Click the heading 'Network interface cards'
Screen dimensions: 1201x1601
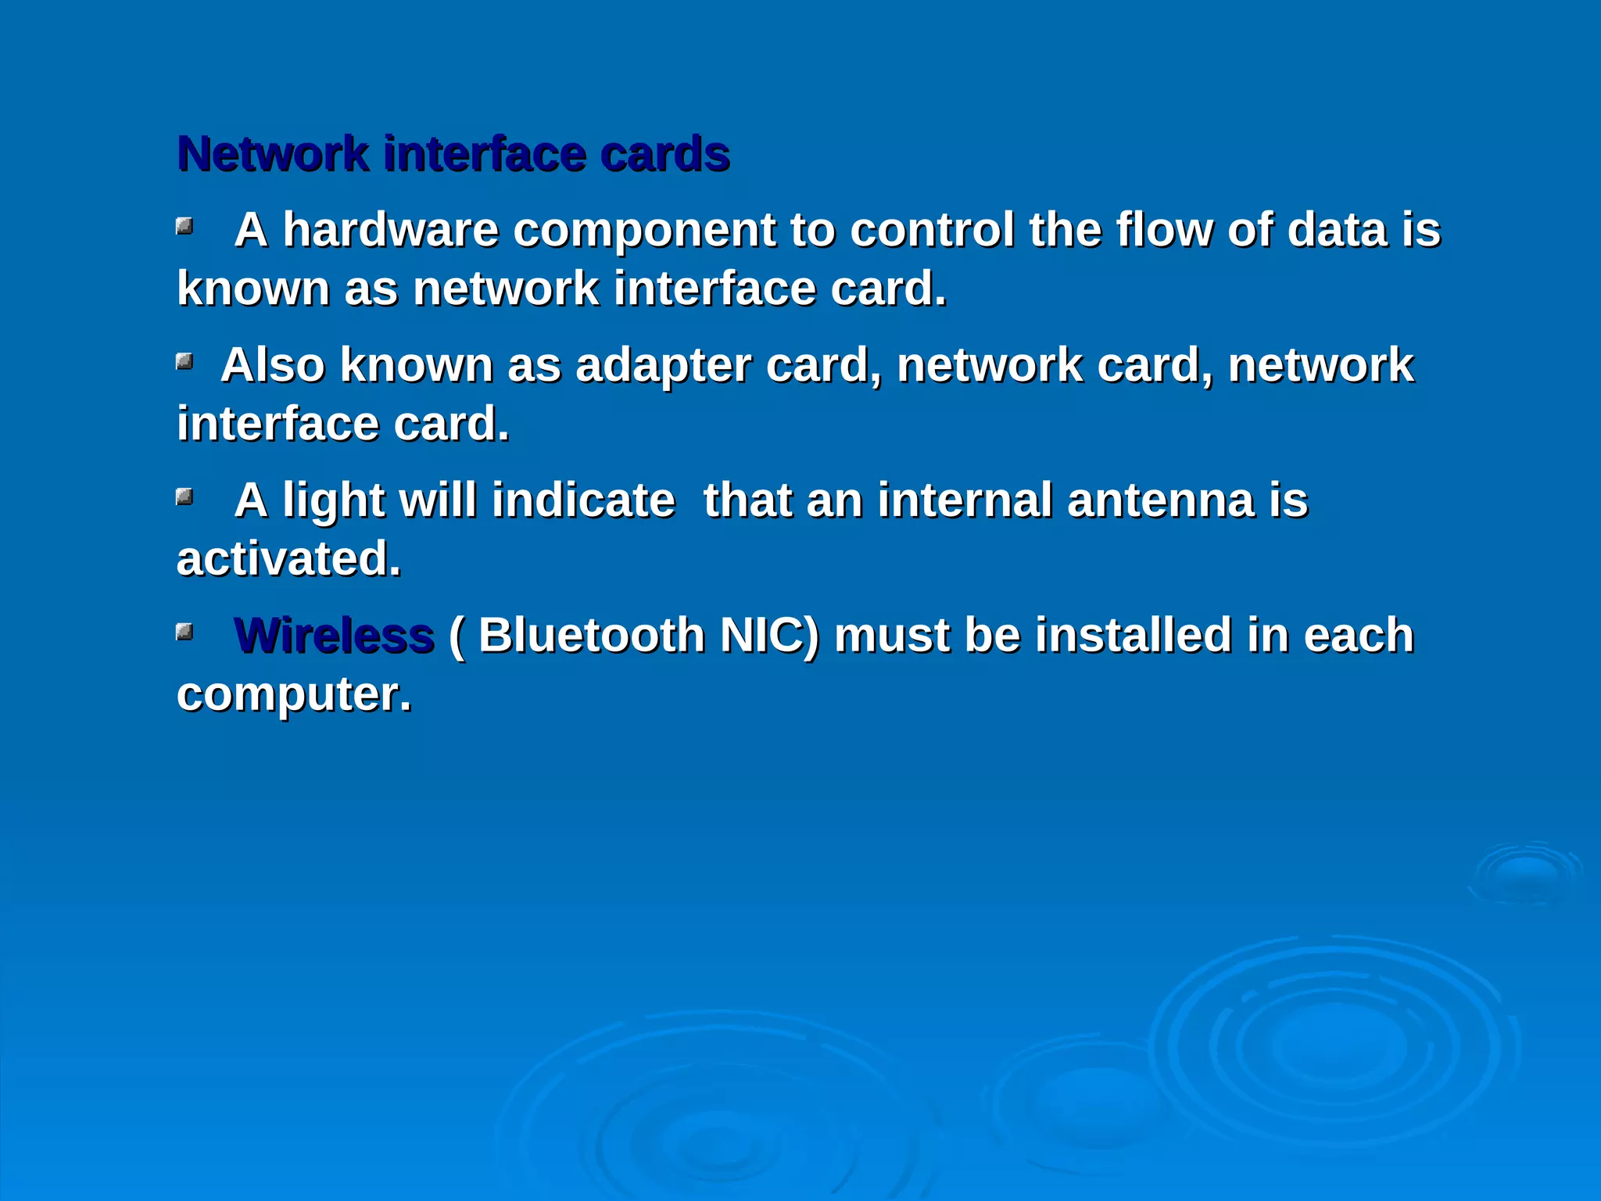pyautogui.click(x=453, y=153)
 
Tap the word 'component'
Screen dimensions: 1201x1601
pyautogui.click(x=644, y=231)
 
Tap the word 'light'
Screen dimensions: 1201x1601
pyautogui.click(x=333, y=501)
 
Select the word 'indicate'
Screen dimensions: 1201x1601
pyautogui.click(x=583, y=500)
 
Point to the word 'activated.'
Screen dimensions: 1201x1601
pyautogui.click(x=288, y=559)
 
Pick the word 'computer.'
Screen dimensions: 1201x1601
pyautogui.click(x=294, y=694)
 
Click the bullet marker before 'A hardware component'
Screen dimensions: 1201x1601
pyautogui.click(x=184, y=227)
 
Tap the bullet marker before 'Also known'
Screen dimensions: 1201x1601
pyautogui.click(x=184, y=361)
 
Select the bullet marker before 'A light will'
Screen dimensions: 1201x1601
pyautogui.click(x=184, y=497)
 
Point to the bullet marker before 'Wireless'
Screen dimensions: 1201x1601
pyautogui.click(x=184, y=631)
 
